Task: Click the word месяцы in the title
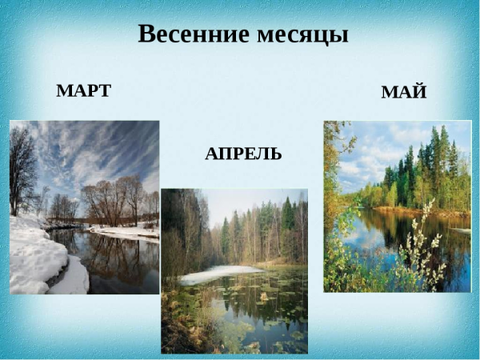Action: click(303, 35)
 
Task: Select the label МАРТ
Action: click(83, 90)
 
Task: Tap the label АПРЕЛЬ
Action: click(243, 154)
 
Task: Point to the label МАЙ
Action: click(403, 92)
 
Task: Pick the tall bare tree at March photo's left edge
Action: click(22, 168)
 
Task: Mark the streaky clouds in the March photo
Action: click(96, 148)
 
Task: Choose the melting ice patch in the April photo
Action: click(216, 274)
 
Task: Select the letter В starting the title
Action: click(147, 34)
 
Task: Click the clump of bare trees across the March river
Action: click(112, 200)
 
